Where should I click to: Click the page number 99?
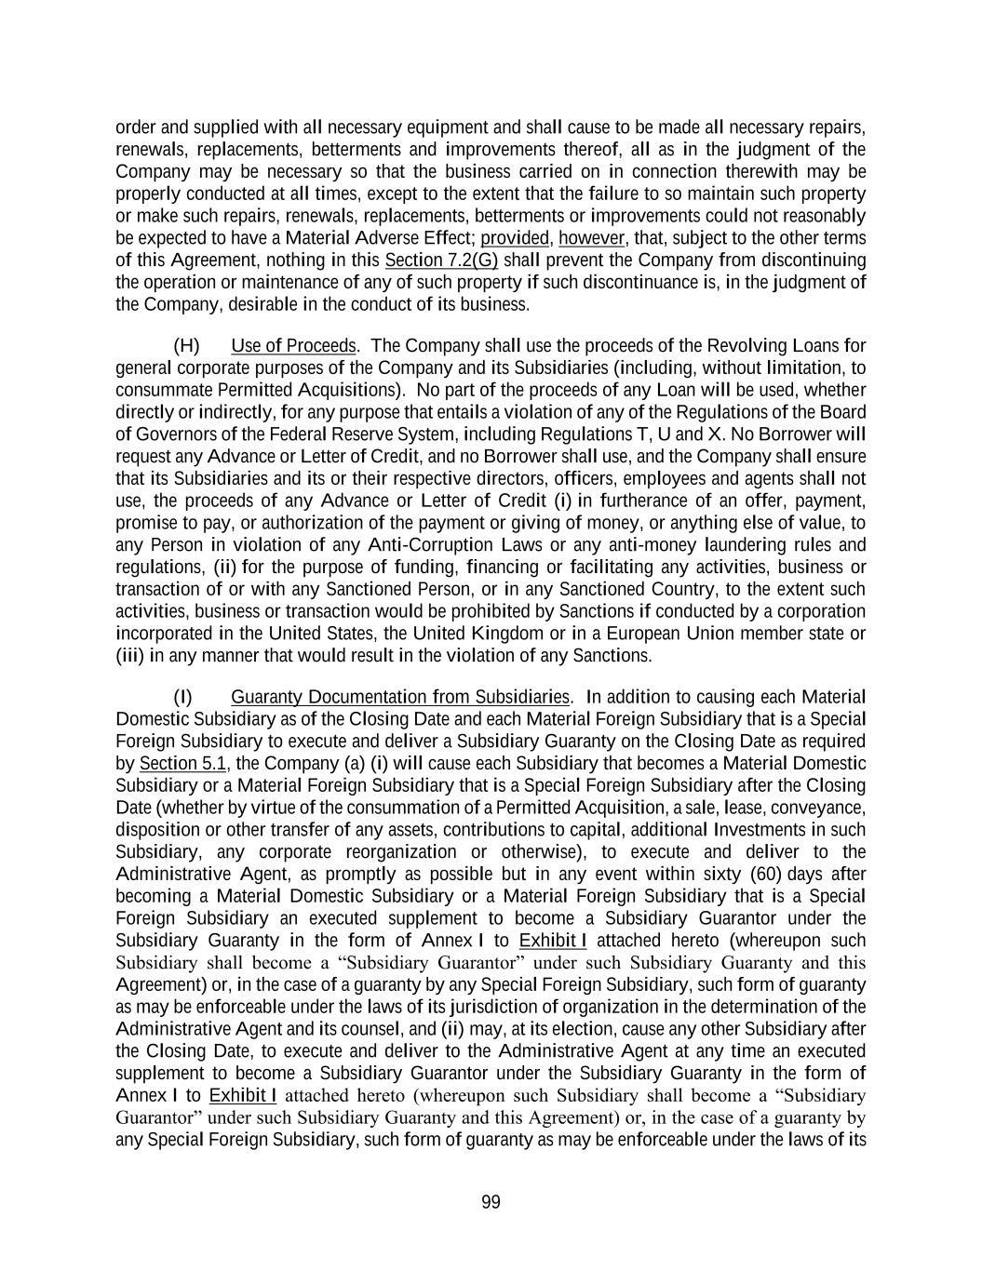491,1202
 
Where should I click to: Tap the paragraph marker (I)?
183,697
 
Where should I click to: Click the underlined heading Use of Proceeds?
293,346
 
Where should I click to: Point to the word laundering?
751,544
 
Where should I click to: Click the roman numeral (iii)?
128,656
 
